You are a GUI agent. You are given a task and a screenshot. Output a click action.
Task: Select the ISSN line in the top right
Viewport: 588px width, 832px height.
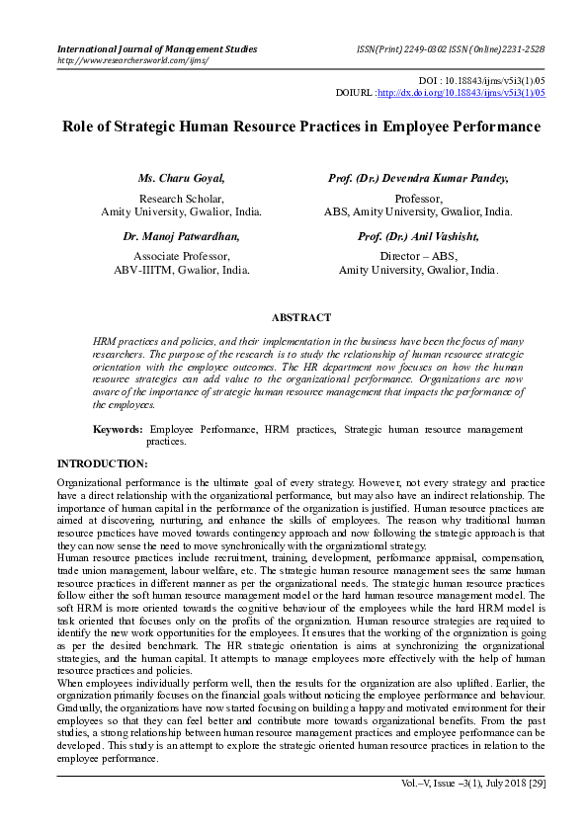450,48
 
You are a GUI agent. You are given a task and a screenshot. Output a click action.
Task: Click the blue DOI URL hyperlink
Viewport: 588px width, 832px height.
462,93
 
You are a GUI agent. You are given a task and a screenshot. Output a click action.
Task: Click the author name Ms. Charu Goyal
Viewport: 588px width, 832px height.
182,179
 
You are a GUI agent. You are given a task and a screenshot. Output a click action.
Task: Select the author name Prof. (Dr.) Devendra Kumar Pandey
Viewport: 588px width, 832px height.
418,179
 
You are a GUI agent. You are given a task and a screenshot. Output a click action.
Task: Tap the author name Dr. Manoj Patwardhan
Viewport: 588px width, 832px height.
182,237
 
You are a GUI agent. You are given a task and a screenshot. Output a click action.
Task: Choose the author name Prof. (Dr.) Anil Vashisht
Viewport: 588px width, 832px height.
418,237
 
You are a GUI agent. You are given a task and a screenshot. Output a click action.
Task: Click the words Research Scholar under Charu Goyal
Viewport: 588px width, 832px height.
181,198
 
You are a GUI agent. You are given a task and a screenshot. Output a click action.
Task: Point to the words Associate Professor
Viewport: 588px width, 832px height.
181,255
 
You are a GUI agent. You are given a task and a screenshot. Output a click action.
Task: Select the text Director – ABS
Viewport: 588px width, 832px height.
418,255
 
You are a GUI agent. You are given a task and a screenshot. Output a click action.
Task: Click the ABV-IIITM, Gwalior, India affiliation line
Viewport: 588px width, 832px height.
181,269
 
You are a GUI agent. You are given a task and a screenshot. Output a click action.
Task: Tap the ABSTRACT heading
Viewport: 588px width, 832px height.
300,318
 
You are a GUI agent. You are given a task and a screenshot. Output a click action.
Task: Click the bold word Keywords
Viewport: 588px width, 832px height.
118,430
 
